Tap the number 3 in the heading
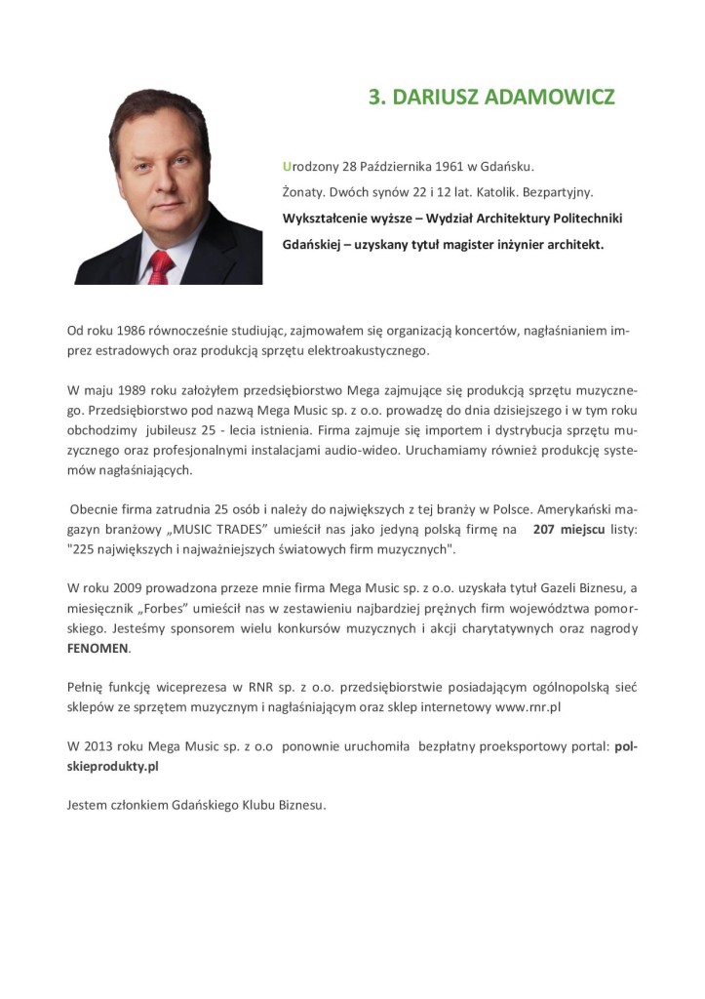coord(373,99)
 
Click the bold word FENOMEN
coord(98,648)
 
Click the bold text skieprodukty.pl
coord(112,766)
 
